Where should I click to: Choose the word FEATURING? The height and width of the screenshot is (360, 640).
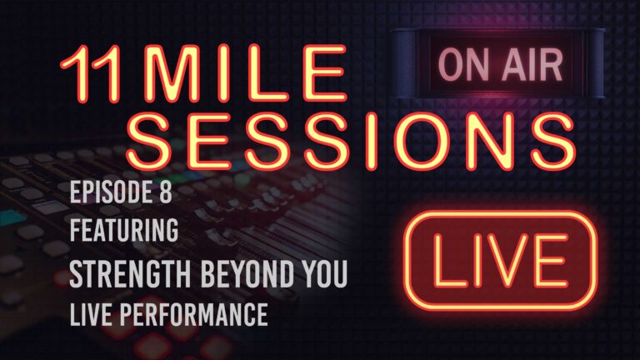click(x=123, y=231)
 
